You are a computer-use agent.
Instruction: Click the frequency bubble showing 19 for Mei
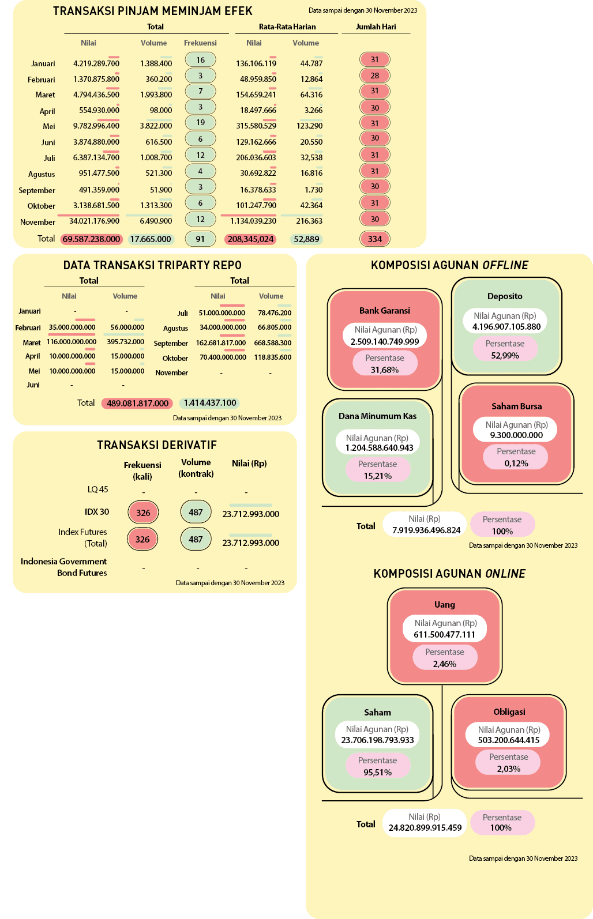click(x=200, y=122)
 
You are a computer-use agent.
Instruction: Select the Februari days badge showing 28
click(x=375, y=76)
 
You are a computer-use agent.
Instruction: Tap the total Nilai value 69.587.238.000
click(x=91, y=239)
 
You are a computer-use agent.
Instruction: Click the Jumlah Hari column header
click(x=376, y=27)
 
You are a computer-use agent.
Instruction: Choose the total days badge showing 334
click(x=375, y=239)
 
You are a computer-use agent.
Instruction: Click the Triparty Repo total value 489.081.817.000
click(x=137, y=403)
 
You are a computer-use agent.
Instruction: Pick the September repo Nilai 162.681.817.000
click(x=221, y=342)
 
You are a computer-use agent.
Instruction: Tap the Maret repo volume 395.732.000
click(x=125, y=341)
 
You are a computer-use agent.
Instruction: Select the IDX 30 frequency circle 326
click(x=143, y=513)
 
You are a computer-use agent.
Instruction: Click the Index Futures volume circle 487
click(x=196, y=539)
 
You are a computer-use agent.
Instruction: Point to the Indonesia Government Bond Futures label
click(x=64, y=567)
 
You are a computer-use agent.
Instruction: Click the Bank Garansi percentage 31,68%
click(x=385, y=370)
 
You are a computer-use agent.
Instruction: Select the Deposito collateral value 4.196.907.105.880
click(x=506, y=326)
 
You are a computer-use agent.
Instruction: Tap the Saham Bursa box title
click(x=516, y=406)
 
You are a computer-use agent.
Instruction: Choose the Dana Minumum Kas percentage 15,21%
click(x=377, y=476)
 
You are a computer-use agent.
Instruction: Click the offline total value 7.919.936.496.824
click(x=426, y=530)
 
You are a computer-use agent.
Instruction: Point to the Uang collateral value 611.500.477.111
click(x=444, y=634)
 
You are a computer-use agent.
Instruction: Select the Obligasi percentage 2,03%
click(x=508, y=769)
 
